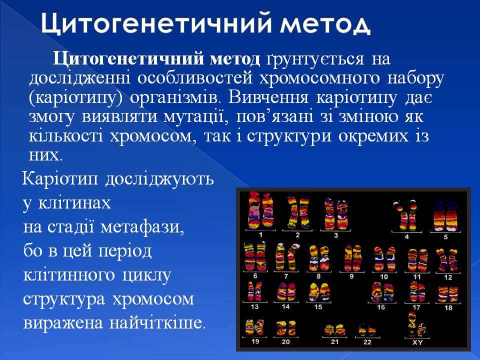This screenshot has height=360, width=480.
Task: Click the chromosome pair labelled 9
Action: point(352,258)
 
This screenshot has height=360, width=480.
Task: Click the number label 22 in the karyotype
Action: point(367,342)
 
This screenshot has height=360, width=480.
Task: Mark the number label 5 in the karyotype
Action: point(445,236)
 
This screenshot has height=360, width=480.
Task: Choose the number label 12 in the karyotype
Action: point(447,276)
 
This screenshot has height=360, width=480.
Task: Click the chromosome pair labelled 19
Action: point(255,328)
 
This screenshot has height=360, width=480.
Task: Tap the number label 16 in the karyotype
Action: point(380,307)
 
